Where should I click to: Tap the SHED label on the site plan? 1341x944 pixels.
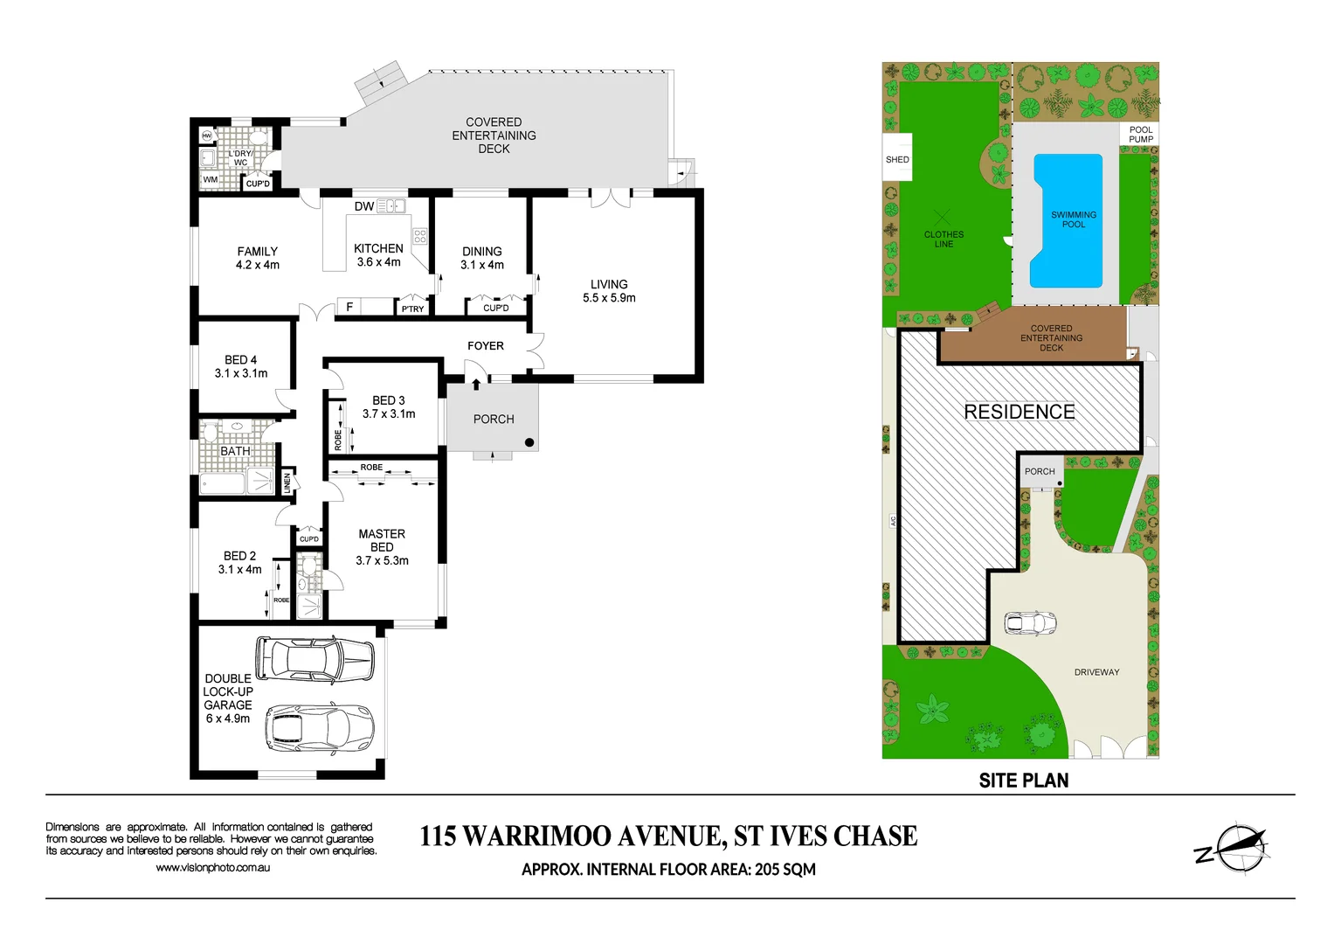click(897, 160)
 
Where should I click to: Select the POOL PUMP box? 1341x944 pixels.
click(1140, 135)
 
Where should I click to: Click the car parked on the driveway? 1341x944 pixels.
click(1030, 623)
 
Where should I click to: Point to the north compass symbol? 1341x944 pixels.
click(1241, 848)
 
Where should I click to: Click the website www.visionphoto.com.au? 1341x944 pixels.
click(212, 868)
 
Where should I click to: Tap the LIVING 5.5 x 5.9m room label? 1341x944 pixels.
click(609, 291)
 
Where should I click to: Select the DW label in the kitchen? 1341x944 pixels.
click(364, 206)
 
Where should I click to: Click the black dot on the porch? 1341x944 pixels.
click(529, 442)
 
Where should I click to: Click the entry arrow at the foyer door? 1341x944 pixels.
click(476, 383)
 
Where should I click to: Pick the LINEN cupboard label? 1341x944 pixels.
click(287, 482)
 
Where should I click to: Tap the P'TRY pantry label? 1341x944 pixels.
click(412, 309)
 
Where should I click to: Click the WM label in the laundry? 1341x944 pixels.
click(211, 179)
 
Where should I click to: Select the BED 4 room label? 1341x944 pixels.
click(241, 360)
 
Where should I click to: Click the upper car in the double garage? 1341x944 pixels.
click(315, 659)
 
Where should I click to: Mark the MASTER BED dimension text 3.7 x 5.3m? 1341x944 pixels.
click(382, 561)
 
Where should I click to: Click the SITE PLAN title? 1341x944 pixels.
click(1023, 781)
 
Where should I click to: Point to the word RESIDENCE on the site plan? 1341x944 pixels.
click(1019, 412)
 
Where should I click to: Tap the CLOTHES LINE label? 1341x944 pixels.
click(944, 239)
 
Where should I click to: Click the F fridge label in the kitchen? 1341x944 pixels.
click(349, 307)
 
